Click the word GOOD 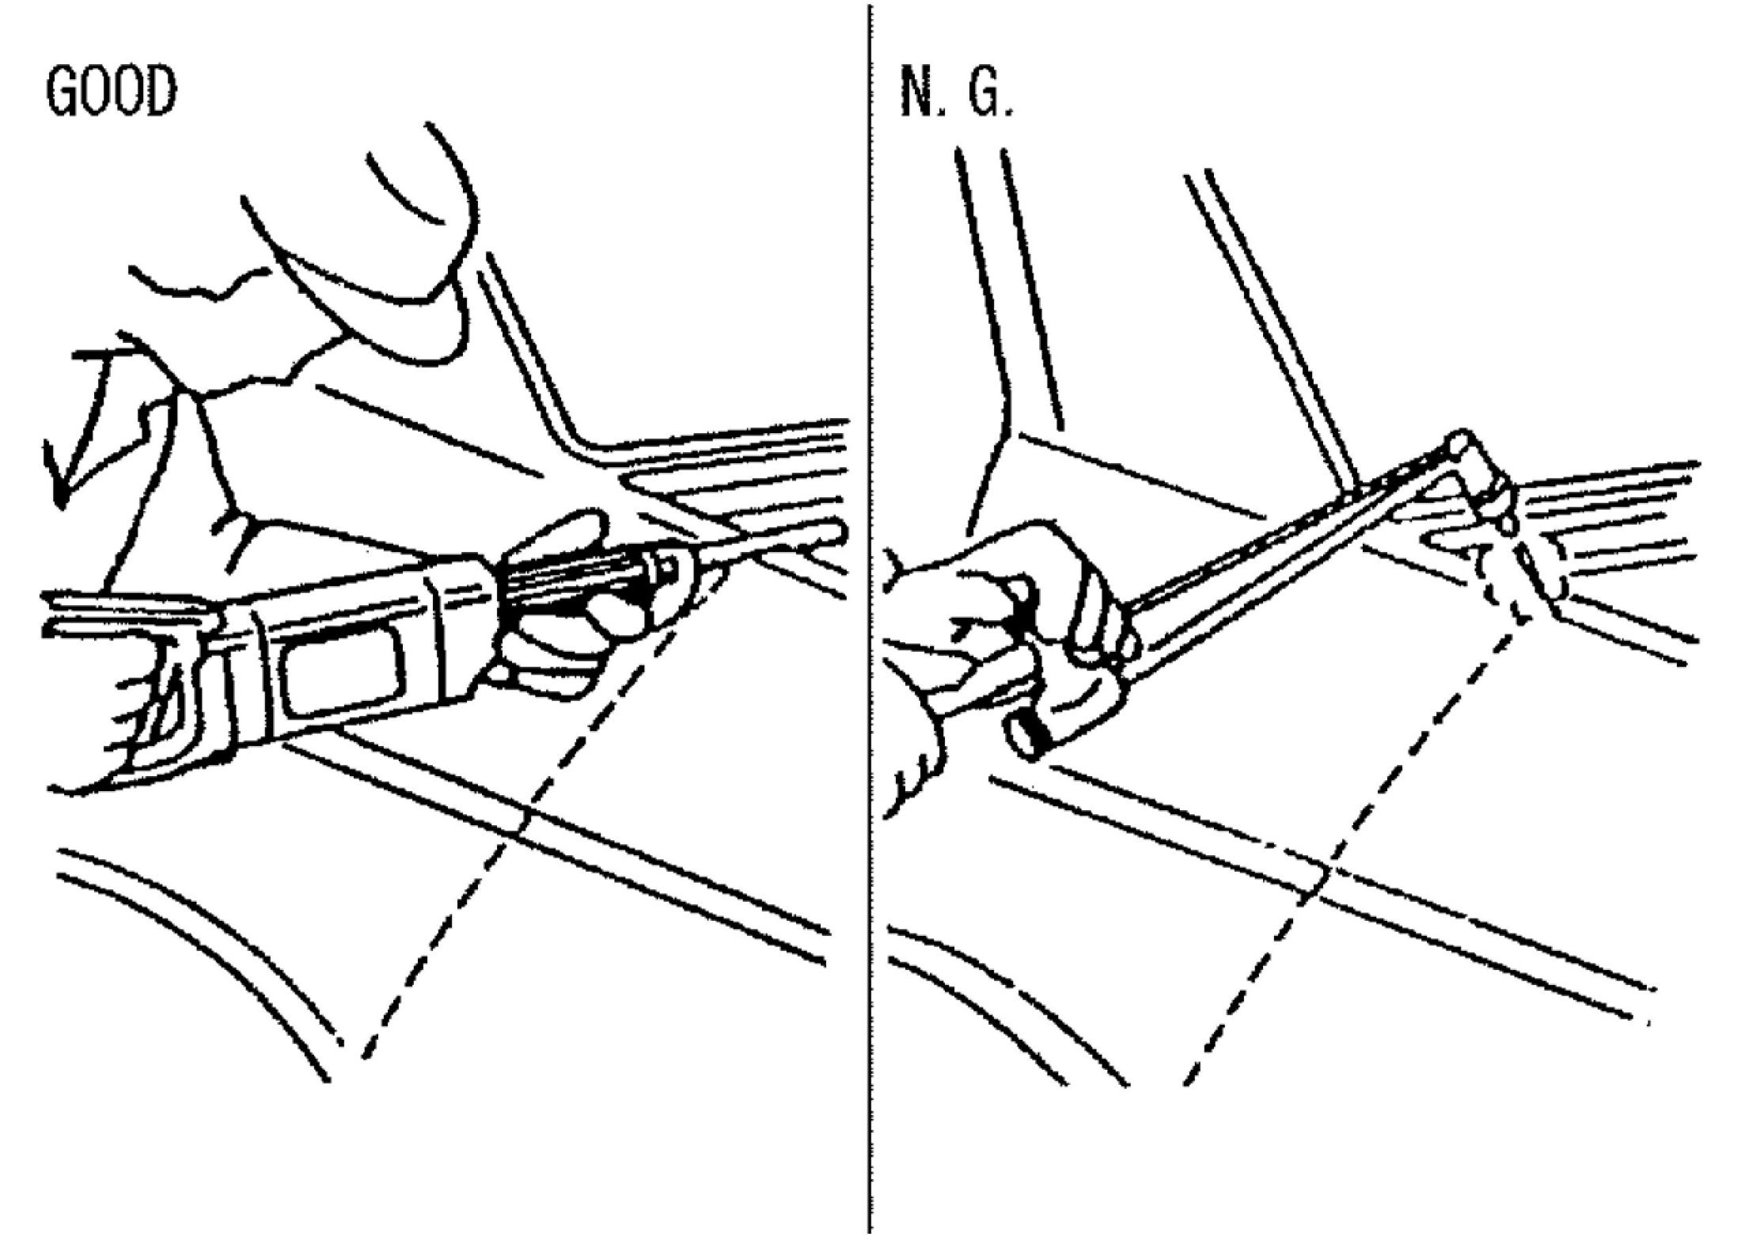point(111,93)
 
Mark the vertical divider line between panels point(870,634)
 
